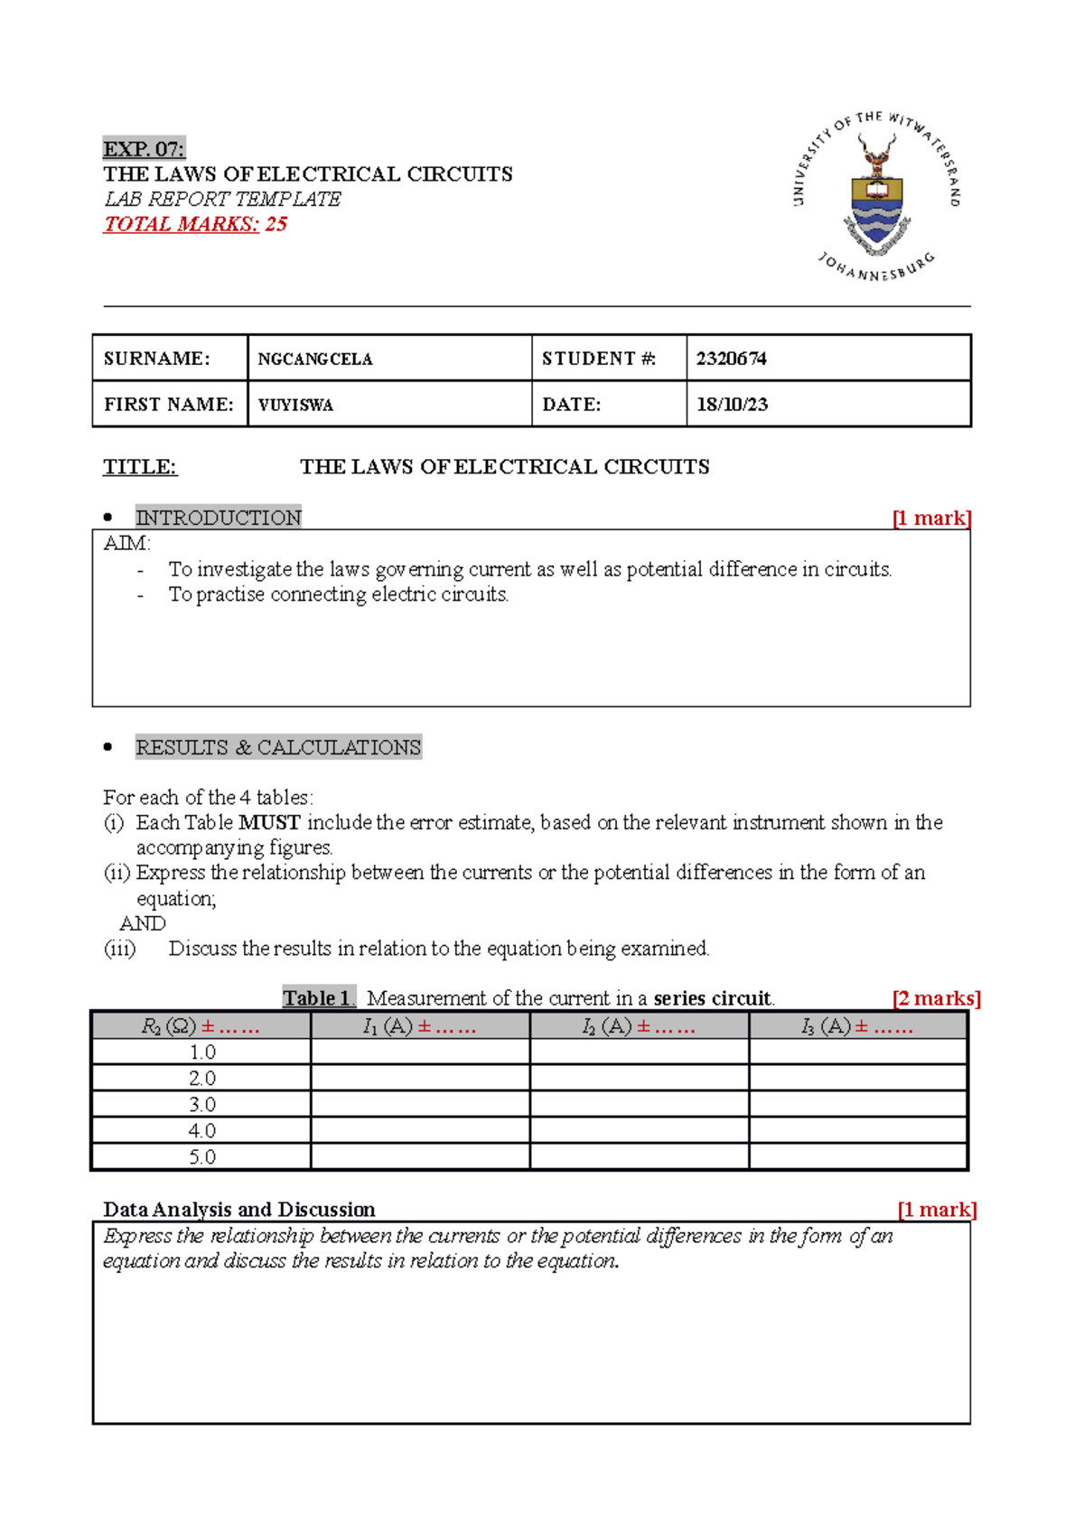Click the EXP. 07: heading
click(x=144, y=149)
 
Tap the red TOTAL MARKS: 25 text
click(x=195, y=224)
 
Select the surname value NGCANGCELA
click(x=315, y=360)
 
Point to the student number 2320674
click(x=731, y=359)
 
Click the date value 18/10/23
click(x=732, y=405)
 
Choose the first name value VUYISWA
click(x=296, y=406)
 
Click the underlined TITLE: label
click(x=140, y=467)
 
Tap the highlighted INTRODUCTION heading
click(x=219, y=518)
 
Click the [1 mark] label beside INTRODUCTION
click(x=931, y=519)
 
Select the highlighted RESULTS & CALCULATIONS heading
click(x=278, y=748)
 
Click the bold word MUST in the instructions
click(x=269, y=823)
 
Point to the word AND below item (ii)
click(x=143, y=923)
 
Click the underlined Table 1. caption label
click(x=319, y=998)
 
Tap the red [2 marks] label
click(x=936, y=998)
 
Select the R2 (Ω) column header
click(x=201, y=1027)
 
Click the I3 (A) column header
click(x=857, y=1027)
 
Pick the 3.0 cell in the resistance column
click(x=202, y=1105)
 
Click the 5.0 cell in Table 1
click(x=202, y=1157)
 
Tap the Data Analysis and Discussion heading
click(x=239, y=1210)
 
